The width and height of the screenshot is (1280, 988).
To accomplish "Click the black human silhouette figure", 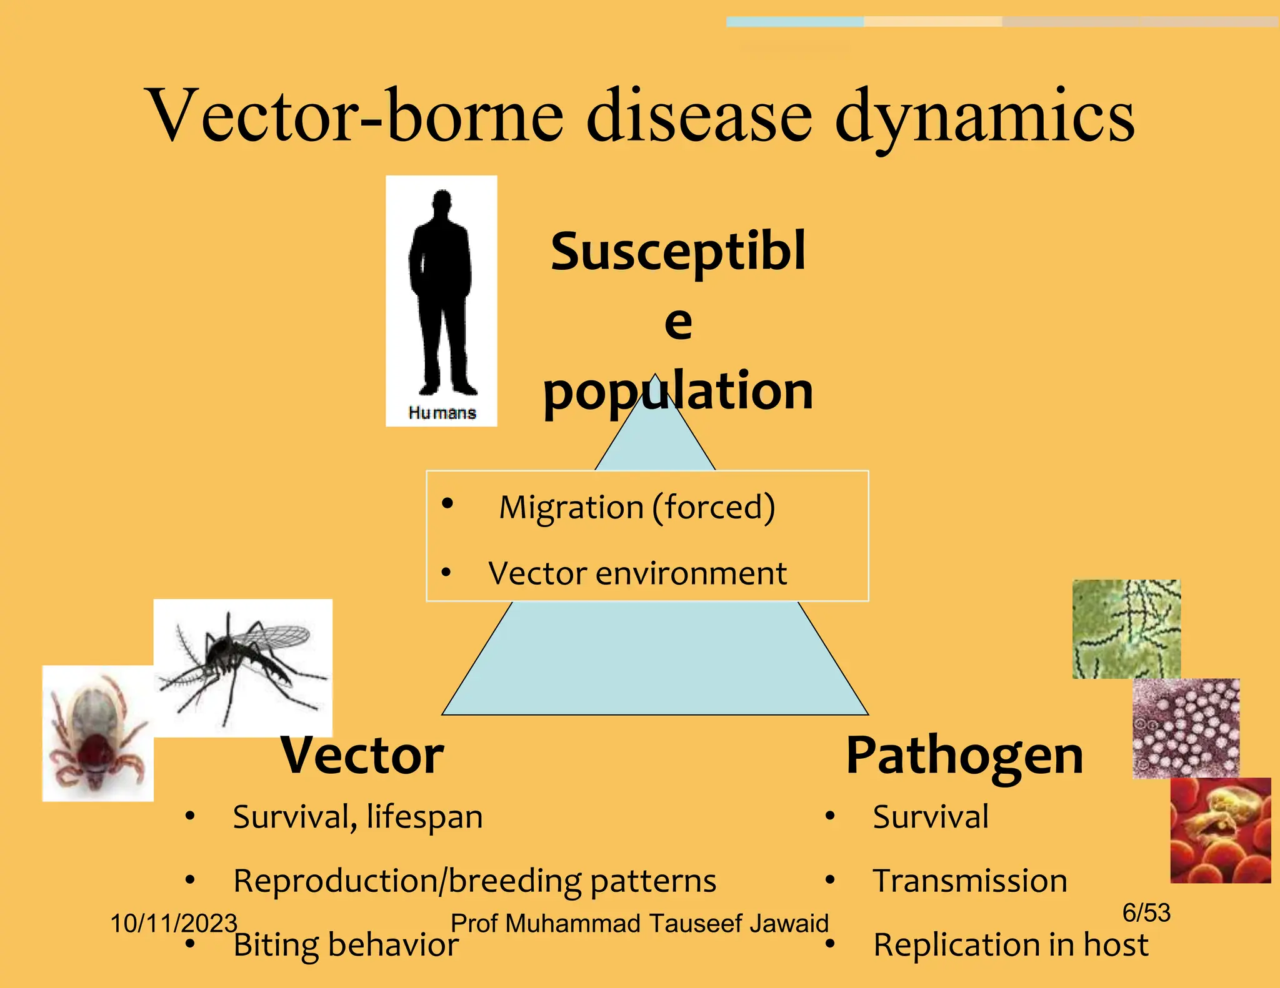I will [x=441, y=294].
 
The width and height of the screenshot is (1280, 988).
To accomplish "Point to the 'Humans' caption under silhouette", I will [x=442, y=413].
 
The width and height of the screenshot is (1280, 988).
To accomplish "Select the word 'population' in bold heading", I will [x=678, y=391].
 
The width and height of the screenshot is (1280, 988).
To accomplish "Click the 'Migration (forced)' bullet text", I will [x=636, y=507].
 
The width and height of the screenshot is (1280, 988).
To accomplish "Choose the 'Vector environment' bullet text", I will [x=637, y=573].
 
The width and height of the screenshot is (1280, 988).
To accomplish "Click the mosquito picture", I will [x=242, y=667].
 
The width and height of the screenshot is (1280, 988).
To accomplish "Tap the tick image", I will [x=97, y=733].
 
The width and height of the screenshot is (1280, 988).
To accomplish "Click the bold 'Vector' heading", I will [x=362, y=756].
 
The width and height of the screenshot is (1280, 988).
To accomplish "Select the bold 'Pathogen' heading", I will [x=964, y=756].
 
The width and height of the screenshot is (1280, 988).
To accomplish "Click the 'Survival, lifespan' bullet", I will [x=357, y=817].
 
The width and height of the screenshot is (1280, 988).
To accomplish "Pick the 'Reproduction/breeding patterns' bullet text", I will [x=474, y=881].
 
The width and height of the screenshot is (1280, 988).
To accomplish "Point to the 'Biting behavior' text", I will [x=346, y=945].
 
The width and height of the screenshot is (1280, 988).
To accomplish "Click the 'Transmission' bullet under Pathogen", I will [x=969, y=881].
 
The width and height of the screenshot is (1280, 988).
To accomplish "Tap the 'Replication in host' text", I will [x=1010, y=944].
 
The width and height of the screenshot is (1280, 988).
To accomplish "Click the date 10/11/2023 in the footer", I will [x=173, y=923].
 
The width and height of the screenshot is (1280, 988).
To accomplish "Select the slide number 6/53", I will [x=1146, y=913].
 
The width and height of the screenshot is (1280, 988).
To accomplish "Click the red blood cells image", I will [x=1220, y=830].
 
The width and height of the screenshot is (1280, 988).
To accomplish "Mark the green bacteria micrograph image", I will [x=1126, y=629].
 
